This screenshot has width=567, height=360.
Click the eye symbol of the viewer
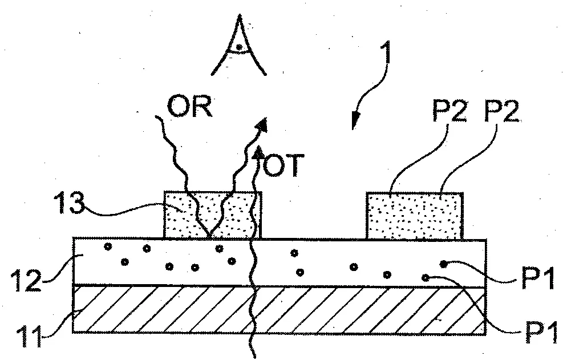click(239, 46)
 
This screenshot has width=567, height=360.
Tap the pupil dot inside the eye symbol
click(238, 47)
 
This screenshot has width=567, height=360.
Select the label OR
click(189, 106)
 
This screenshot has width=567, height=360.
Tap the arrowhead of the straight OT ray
click(258, 152)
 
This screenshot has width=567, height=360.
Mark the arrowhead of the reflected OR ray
click(262, 125)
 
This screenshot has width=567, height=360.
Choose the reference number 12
click(26, 280)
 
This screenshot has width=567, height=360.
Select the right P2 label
click(501, 111)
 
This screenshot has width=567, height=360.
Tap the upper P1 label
click(538, 279)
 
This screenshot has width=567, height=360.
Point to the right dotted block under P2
click(415, 216)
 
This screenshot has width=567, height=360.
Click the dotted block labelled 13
click(213, 215)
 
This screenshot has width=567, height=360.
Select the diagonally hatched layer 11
click(279, 309)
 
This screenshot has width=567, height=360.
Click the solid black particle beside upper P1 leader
click(443, 264)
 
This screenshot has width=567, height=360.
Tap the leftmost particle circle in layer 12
click(108, 247)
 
